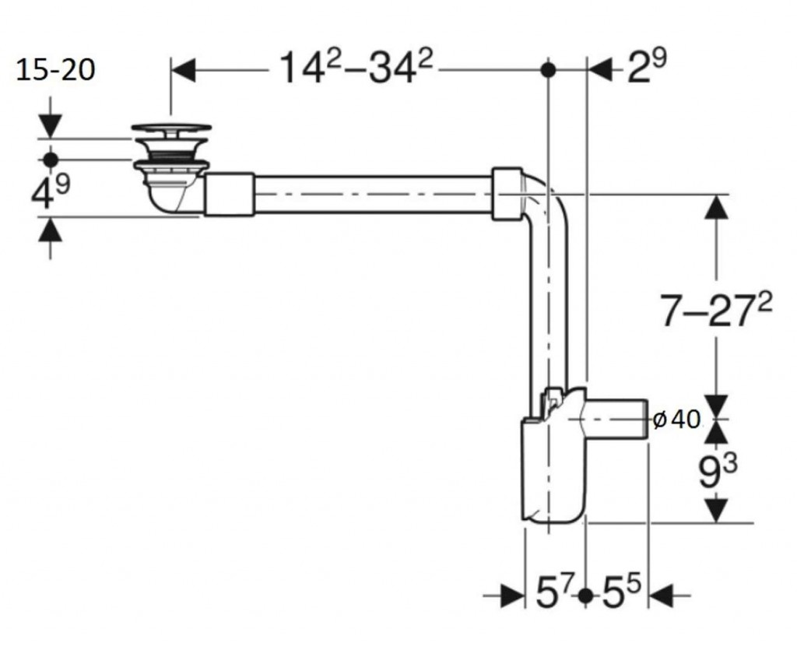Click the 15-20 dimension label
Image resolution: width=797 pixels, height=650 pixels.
coord(55,69)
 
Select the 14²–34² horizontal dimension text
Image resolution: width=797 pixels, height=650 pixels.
coord(356,67)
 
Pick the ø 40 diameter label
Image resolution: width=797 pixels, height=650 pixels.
coord(676,420)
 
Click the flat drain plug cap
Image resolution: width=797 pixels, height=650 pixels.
coord(171,129)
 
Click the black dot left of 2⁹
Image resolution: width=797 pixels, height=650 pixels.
coord(548,69)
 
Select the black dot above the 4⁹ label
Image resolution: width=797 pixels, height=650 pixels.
coord(51,160)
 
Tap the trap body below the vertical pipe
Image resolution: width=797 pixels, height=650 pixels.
coord(554,468)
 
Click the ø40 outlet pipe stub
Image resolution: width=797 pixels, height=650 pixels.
coord(616,420)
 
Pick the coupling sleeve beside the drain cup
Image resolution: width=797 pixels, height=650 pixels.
coord(229,194)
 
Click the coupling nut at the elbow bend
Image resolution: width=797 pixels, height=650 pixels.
coord(507,194)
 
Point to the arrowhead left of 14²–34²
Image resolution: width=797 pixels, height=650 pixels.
coord(184,70)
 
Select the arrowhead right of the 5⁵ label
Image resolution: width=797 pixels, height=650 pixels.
coord(662,595)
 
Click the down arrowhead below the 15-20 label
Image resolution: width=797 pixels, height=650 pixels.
coord(51,126)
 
